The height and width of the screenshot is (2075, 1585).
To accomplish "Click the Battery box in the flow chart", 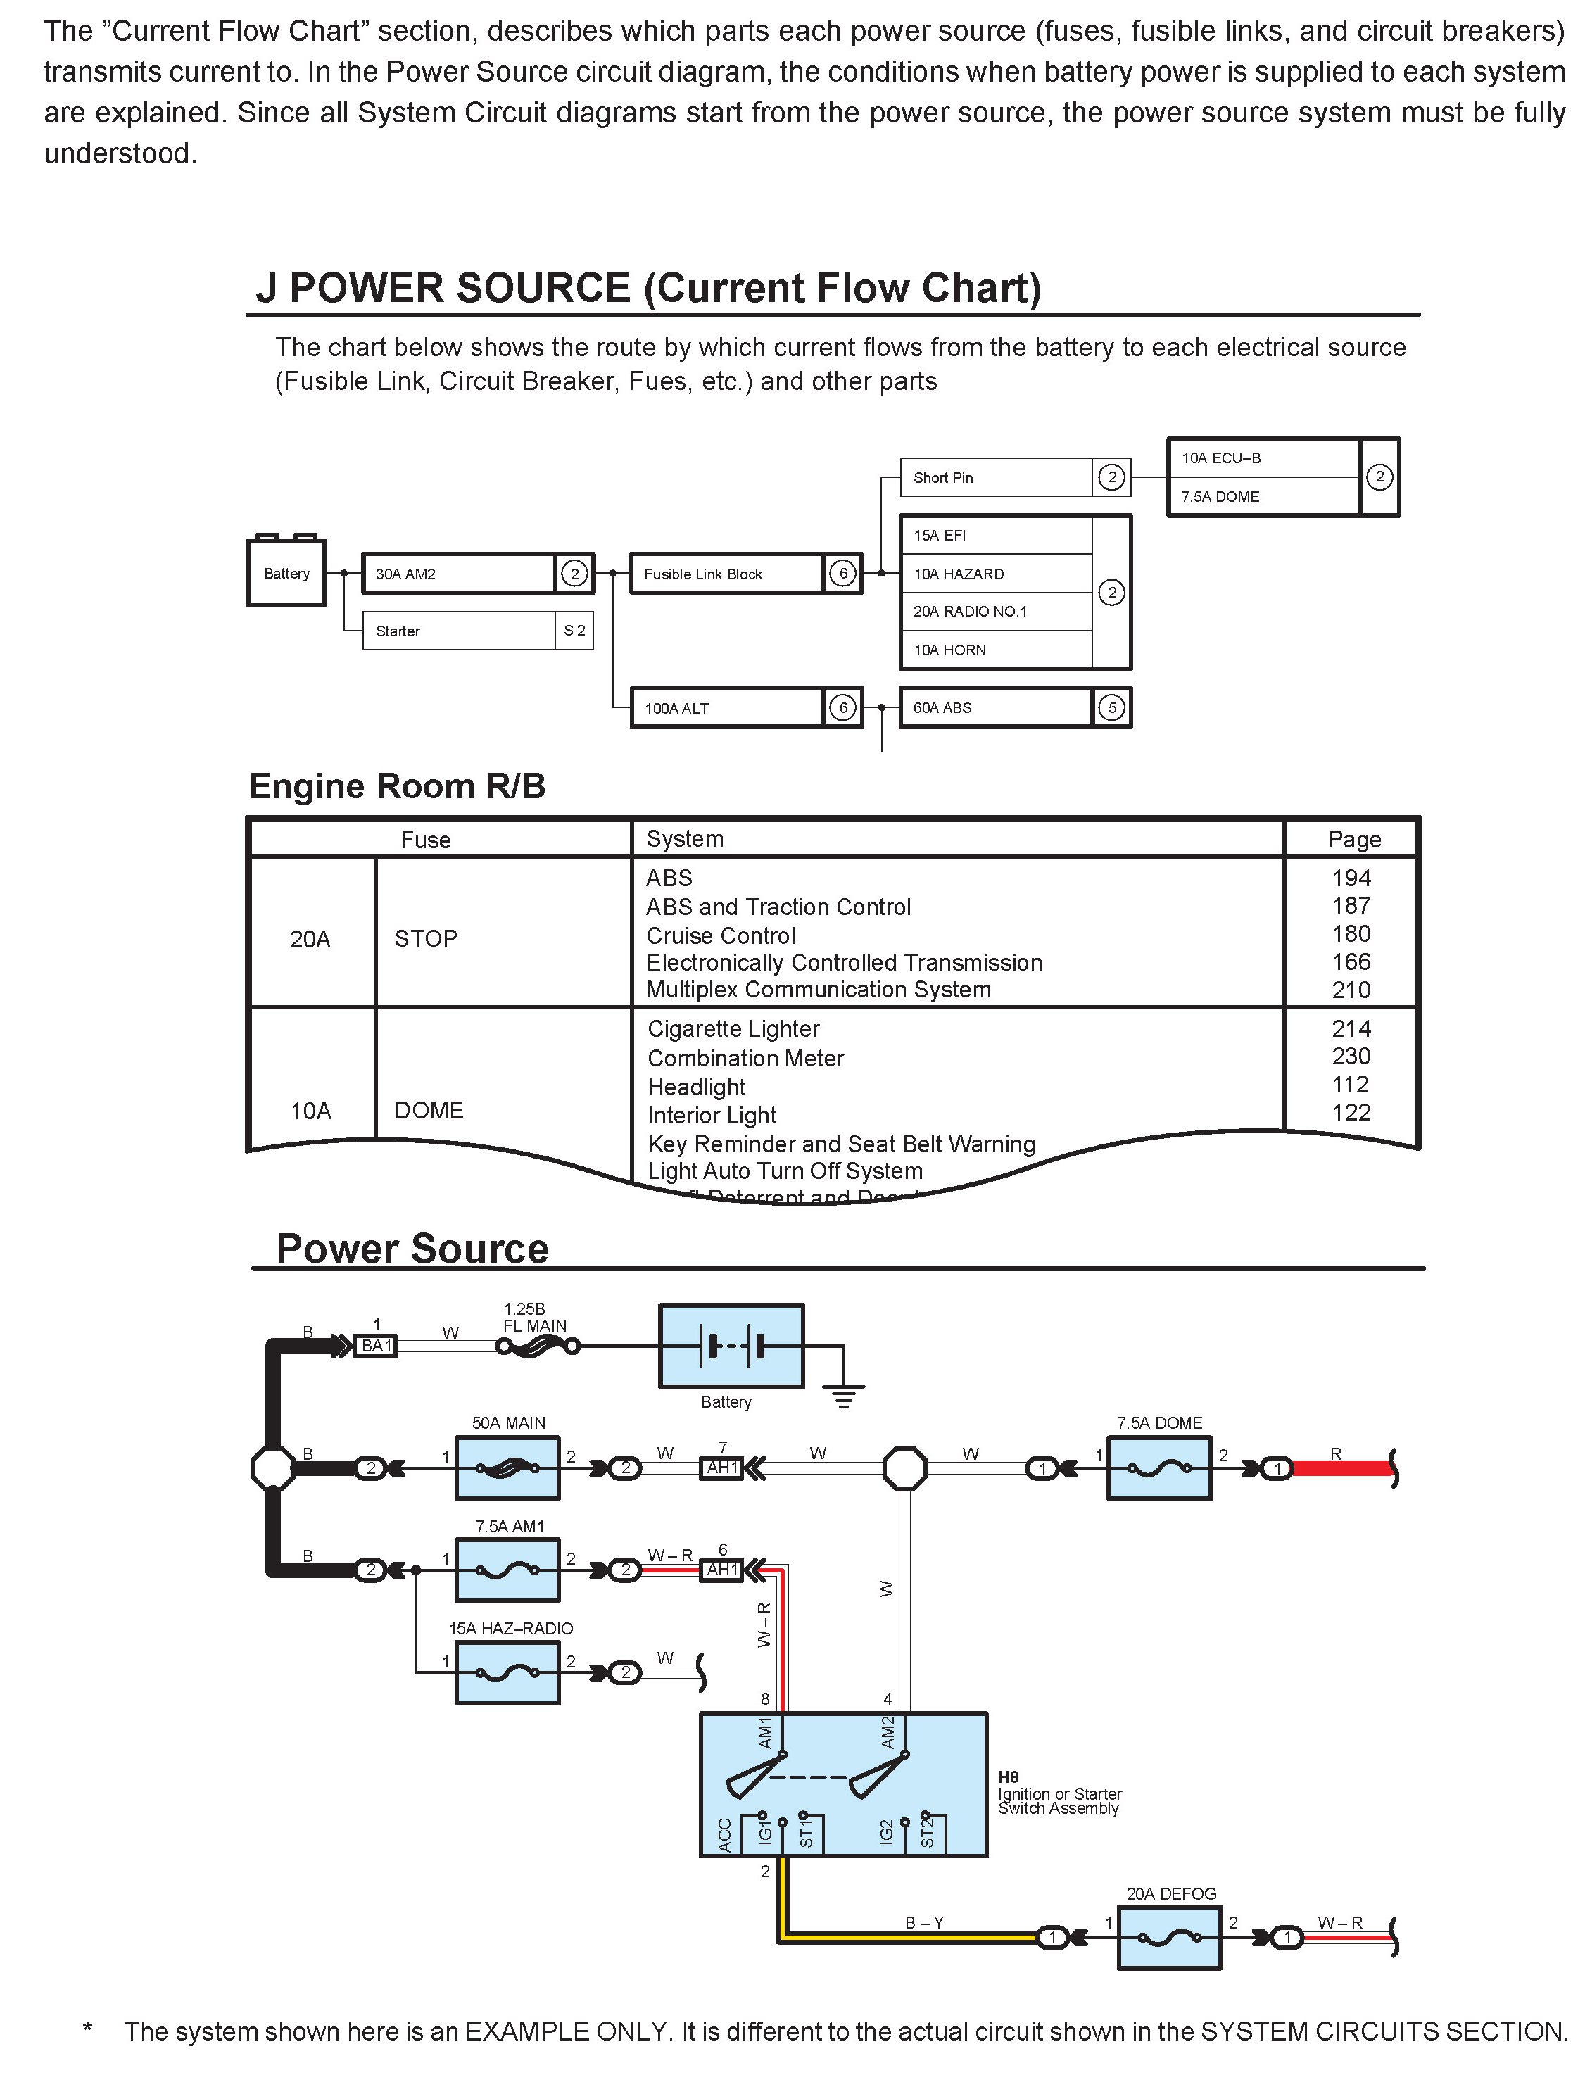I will click(x=286, y=573).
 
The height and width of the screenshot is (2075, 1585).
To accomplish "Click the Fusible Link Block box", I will click(x=726, y=574).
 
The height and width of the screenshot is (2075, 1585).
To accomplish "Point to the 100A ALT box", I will click(x=726, y=707).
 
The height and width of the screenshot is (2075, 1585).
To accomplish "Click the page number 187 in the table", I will click(x=1351, y=906).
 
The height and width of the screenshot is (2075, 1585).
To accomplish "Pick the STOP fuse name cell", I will click(x=426, y=939).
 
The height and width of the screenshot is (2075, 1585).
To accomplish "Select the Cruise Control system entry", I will click(x=721, y=936).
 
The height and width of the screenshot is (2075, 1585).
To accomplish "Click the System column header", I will click(x=685, y=839).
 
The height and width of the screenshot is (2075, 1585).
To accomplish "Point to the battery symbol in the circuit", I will click(x=731, y=1346).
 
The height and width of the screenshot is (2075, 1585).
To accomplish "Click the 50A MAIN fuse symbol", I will click(x=507, y=1468).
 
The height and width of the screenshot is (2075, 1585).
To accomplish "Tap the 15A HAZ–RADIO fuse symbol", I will click(x=507, y=1673).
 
